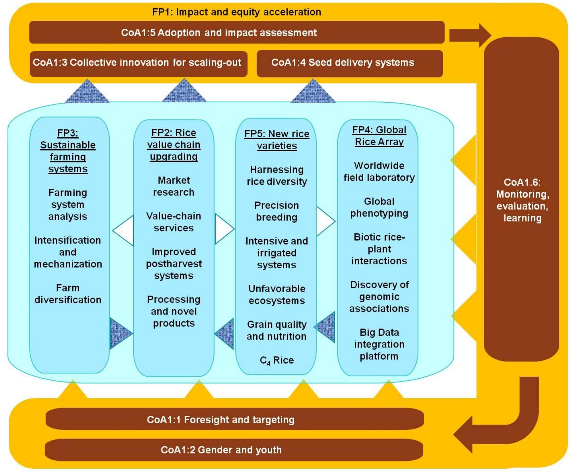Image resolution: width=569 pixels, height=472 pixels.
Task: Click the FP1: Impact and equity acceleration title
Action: [236, 12]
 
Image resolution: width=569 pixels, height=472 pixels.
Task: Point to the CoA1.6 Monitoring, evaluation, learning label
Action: [522, 200]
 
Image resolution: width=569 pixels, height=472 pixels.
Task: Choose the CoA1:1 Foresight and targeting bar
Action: [221, 420]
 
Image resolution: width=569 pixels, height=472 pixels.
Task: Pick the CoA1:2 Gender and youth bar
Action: [221, 450]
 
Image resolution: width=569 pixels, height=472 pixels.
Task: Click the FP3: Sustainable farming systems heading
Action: [68, 151]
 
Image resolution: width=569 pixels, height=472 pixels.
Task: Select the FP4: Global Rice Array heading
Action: [379, 136]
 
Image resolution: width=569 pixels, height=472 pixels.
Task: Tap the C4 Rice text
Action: [277, 360]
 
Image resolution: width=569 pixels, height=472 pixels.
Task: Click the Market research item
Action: [174, 186]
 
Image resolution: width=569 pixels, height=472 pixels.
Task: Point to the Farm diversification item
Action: [68, 294]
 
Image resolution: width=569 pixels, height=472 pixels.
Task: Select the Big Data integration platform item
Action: [379, 344]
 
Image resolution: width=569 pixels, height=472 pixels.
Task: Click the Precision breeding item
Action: [277, 211]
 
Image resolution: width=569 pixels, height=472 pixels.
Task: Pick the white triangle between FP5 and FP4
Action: [324, 221]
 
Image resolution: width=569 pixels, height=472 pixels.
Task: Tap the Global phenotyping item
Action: [379, 207]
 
